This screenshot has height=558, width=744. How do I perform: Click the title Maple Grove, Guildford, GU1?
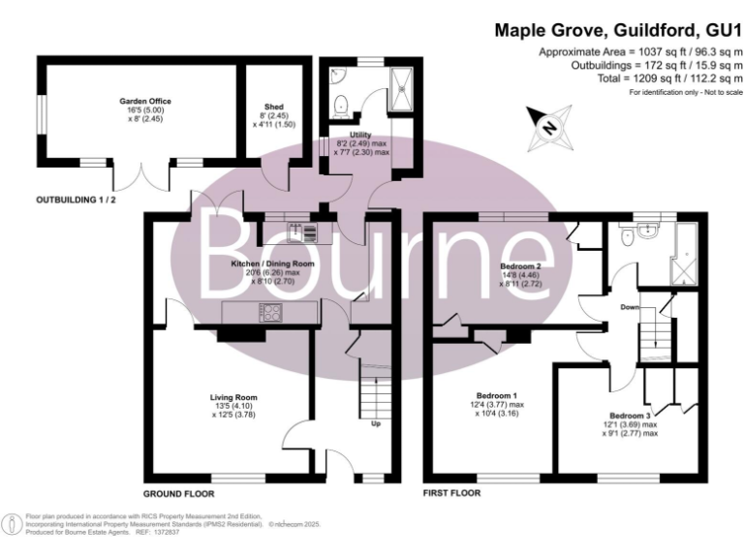click(618, 30)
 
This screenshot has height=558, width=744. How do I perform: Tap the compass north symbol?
click(548, 128)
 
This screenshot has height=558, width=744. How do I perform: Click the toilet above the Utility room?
click(338, 102)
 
